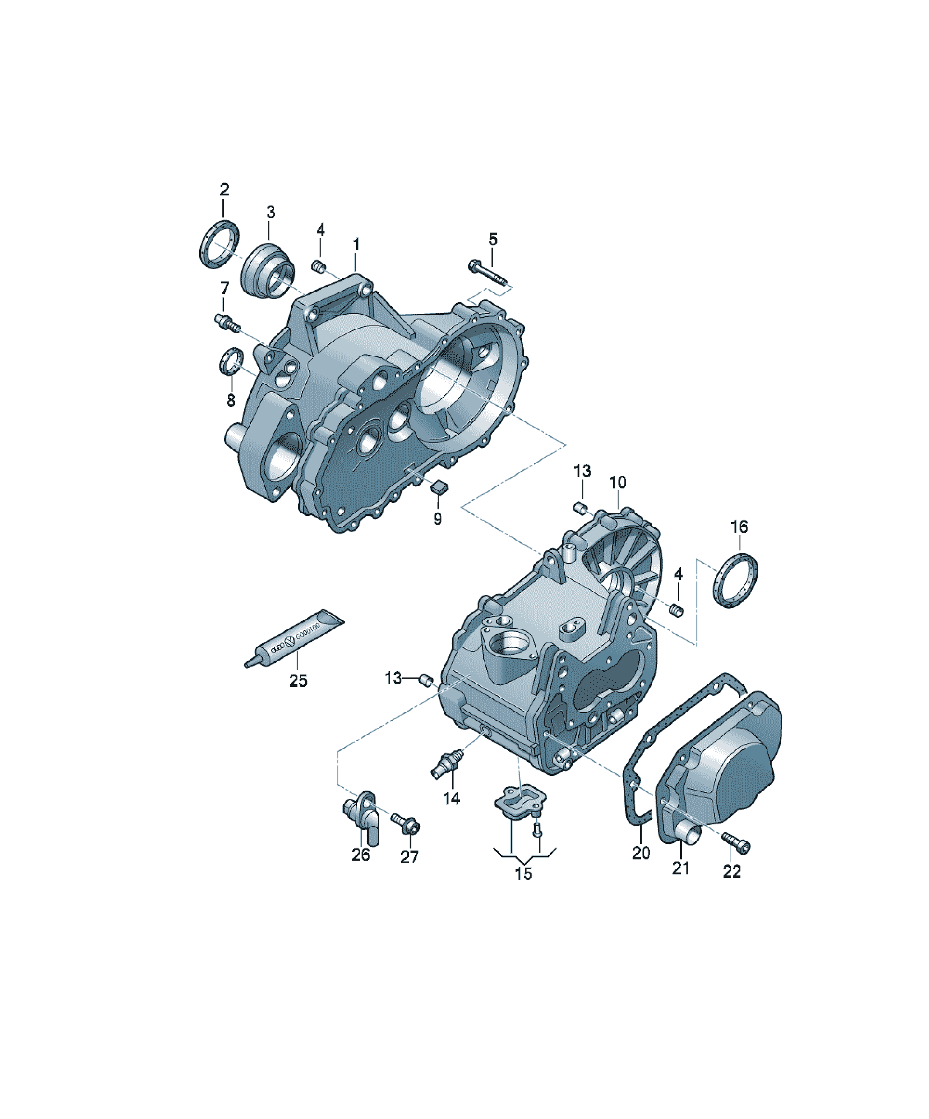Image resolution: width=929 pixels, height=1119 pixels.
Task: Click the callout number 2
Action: pos(224,189)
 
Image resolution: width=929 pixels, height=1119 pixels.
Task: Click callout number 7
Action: pos(224,288)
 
